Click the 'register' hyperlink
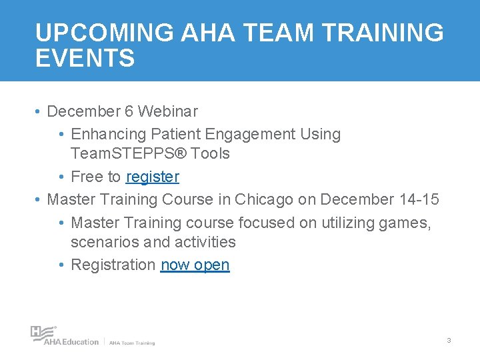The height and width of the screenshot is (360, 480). pyautogui.click(x=152, y=177)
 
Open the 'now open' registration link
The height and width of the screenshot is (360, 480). pyautogui.click(x=195, y=265)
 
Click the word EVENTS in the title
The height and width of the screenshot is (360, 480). pyautogui.click(x=85, y=58)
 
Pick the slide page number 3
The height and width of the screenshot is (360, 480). pyautogui.click(x=449, y=341)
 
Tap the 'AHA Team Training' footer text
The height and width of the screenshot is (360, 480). pyautogui.click(x=132, y=343)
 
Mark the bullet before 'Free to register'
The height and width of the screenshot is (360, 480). pyautogui.click(x=61, y=177)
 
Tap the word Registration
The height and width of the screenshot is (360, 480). pyautogui.click(x=113, y=265)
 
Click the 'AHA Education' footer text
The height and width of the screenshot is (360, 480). pyautogui.click(x=71, y=342)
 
